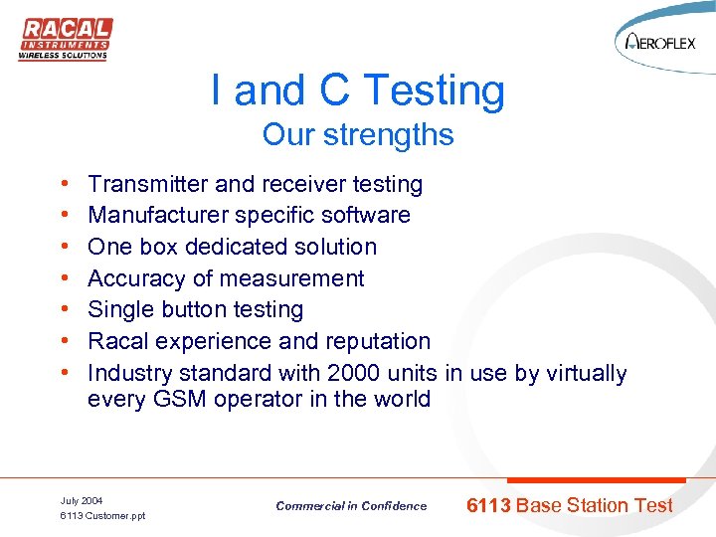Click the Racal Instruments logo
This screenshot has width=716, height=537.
(65, 39)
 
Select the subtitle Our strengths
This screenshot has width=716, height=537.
(358, 134)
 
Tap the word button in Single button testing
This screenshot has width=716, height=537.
(200, 310)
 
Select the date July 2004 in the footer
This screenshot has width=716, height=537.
(82, 500)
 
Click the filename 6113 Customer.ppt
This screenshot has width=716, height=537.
(102, 516)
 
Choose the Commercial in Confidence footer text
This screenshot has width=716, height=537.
(351, 506)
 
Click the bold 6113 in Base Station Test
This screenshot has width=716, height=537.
(488, 505)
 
